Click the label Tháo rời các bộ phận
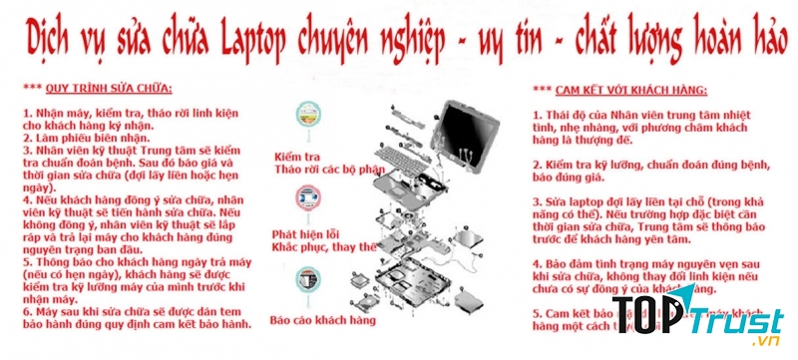[322, 170]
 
